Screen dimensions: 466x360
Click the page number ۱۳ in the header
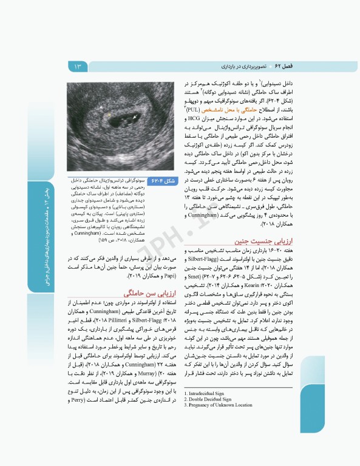click(78, 66)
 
